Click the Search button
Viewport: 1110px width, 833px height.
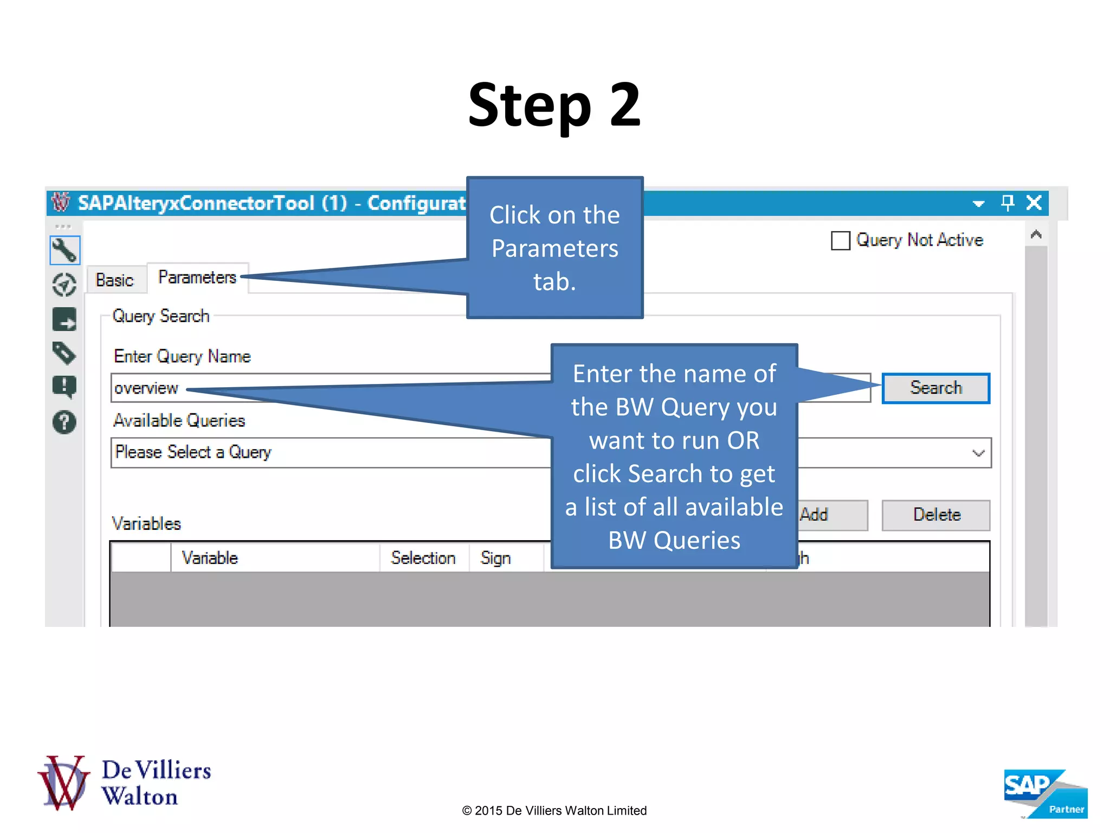[935, 388]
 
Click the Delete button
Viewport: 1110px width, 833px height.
[935, 515]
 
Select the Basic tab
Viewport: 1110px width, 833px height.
[114, 280]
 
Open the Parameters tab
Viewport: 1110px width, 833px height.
[197, 278]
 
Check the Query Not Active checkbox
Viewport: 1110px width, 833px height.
[840, 241]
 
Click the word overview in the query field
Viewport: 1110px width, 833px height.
[146, 388]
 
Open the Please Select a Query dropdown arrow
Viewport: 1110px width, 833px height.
[978, 453]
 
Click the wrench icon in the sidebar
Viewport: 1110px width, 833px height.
[64, 250]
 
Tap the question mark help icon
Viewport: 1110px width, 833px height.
[64, 422]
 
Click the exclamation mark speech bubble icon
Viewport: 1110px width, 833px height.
[64, 387]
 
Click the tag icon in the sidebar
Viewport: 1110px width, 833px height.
[64, 353]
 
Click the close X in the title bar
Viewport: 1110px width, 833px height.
[1034, 203]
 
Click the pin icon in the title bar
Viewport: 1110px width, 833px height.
[1007, 203]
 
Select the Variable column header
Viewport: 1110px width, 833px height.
[210, 558]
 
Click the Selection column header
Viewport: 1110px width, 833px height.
[423, 558]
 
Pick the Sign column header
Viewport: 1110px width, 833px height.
[495, 558]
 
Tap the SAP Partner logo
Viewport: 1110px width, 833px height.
[1044, 793]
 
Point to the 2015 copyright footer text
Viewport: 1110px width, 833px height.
[554, 811]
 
